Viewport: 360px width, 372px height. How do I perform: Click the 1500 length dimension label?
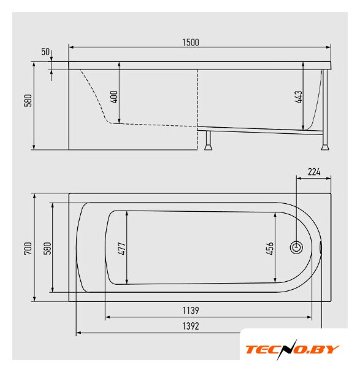tap(191, 42)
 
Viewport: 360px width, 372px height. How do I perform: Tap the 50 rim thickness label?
tap(45, 52)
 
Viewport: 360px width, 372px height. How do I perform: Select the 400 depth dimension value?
tap(114, 96)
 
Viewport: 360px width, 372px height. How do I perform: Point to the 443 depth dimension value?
tap(298, 97)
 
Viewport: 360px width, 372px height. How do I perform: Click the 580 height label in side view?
tap(28, 101)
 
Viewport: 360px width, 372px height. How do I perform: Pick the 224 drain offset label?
tap(314, 171)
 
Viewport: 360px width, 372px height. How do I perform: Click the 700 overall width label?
tap(28, 248)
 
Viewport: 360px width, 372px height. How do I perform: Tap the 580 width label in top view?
tap(48, 248)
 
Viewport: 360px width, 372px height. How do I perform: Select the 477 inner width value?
tap(122, 249)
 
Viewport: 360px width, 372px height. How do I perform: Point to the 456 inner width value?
tap(270, 249)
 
